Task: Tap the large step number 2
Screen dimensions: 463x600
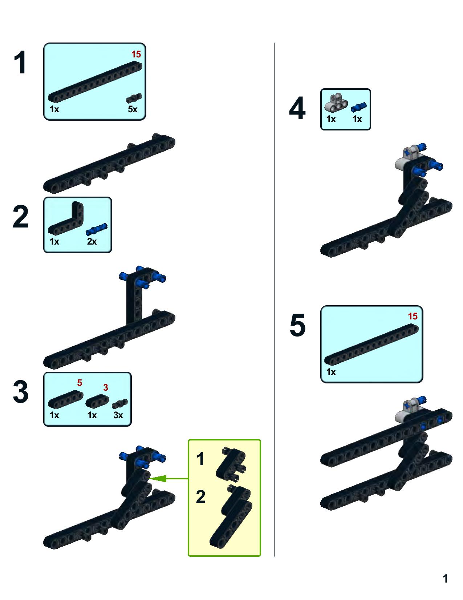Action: coord(21,217)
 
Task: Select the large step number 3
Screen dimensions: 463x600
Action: coord(21,391)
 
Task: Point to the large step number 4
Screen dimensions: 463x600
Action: coord(297,108)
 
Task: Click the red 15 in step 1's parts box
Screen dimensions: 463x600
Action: coord(136,55)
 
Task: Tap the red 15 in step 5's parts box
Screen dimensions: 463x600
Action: coord(413,317)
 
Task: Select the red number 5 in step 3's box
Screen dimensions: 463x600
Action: coord(80,383)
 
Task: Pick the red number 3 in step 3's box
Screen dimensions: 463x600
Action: coord(106,387)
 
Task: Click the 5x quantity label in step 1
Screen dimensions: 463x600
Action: coord(133,109)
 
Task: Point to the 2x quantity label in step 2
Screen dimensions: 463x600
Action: coord(92,242)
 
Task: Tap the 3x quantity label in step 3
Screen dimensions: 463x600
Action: coord(118,415)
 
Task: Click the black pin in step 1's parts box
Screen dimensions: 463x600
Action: coord(134,98)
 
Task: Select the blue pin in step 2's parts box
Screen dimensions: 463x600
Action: coord(97,229)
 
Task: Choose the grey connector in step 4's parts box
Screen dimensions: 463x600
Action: coord(336,102)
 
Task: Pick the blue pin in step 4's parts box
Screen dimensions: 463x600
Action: coord(359,107)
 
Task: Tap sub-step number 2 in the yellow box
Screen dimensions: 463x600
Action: coord(200,497)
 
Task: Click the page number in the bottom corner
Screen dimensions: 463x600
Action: coord(445,579)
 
